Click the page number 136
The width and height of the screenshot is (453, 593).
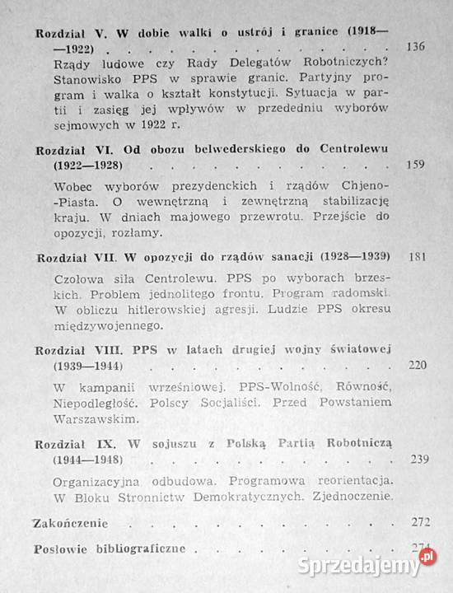[416, 46]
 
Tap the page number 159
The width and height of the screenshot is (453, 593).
[417, 164]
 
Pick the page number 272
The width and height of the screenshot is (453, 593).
[418, 521]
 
